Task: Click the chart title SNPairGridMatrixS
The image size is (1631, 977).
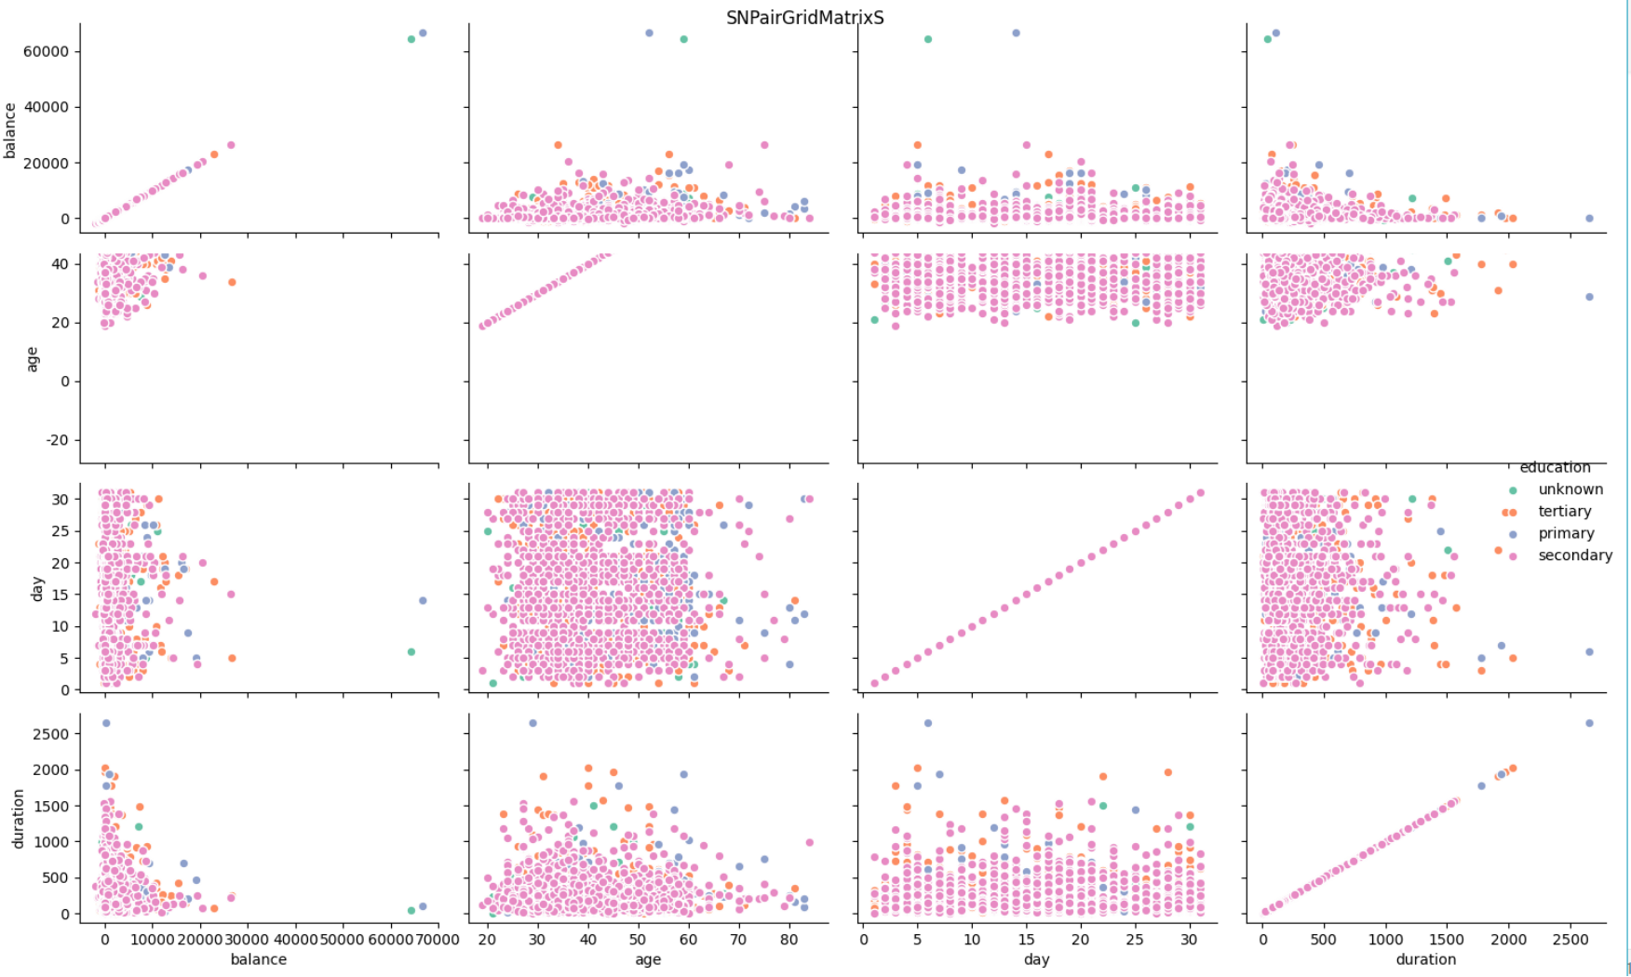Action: pyautogui.click(x=804, y=18)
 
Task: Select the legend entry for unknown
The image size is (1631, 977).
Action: pyautogui.click(x=1570, y=489)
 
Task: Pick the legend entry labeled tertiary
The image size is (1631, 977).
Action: pyautogui.click(x=1564, y=512)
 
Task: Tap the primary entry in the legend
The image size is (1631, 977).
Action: pyautogui.click(x=1566, y=533)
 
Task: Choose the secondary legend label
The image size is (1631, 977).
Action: pyautogui.click(x=1574, y=555)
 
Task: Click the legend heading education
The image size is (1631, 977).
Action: pyautogui.click(x=1555, y=467)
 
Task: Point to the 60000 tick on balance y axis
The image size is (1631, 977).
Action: pyautogui.click(x=46, y=51)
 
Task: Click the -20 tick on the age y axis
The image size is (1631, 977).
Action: pyautogui.click(x=58, y=440)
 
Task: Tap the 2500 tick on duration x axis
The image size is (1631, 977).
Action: pyautogui.click(x=1570, y=940)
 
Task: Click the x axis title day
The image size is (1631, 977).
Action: pyautogui.click(x=1036, y=959)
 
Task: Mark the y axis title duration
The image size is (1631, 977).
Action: pyautogui.click(x=19, y=819)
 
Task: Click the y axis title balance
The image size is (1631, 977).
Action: pyautogui.click(x=11, y=130)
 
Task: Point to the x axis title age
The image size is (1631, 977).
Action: pyautogui.click(x=648, y=959)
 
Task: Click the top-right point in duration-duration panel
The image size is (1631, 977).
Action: pyautogui.click(x=1589, y=723)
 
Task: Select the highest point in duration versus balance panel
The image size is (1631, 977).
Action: pyautogui.click(x=106, y=723)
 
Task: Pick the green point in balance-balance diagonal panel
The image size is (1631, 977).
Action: pyautogui.click(x=411, y=39)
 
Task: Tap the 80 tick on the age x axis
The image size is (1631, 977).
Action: pyautogui.click(x=789, y=940)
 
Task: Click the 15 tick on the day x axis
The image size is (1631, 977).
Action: pyautogui.click(x=1026, y=940)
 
